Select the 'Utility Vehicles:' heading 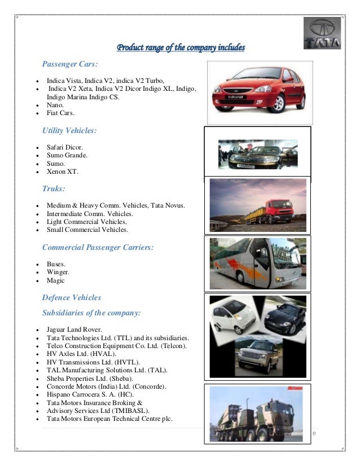[69, 130]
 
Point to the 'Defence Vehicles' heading [72, 297]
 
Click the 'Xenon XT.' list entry [62, 171]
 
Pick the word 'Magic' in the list [56, 280]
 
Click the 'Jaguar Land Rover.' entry [74, 329]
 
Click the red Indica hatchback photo [256, 93]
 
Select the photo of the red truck [258, 205]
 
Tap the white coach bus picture [257, 263]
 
